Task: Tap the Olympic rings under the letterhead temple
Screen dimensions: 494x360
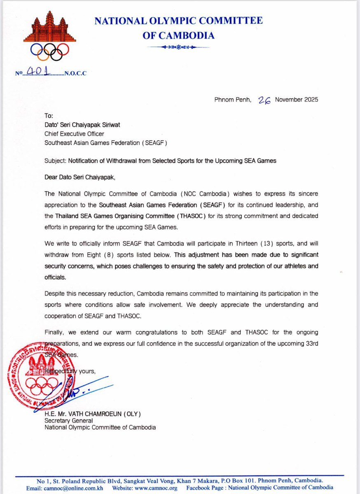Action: [50, 51]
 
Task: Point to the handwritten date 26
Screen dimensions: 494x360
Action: [264, 100]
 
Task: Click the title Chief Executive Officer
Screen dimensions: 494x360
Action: [74, 134]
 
